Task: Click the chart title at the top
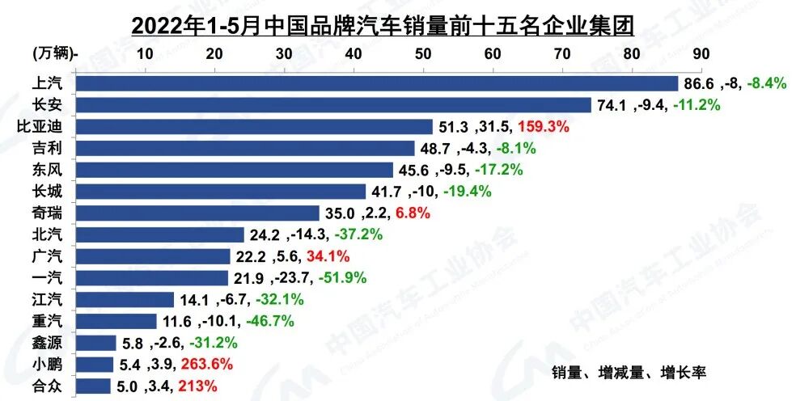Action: click(x=382, y=24)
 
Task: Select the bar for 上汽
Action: click(x=376, y=83)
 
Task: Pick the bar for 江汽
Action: click(x=125, y=300)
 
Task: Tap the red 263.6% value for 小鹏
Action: click(x=186, y=364)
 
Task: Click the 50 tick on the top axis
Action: click(x=422, y=53)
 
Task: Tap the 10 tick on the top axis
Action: click(x=145, y=53)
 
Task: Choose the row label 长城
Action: click(x=44, y=192)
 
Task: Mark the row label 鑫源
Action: click(x=44, y=343)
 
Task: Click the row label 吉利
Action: click(x=44, y=149)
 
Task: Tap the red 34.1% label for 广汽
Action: click(x=328, y=256)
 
